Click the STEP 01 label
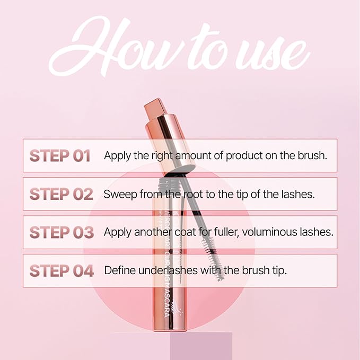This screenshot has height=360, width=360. coord(60,155)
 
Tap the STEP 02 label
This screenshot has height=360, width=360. coord(62,194)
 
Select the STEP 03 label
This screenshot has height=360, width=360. coord(62,232)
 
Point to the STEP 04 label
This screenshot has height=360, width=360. coord(62,270)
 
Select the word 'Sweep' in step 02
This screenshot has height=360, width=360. coord(119,194)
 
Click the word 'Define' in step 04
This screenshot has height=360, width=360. coord(118,270)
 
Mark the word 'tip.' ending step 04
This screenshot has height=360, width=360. coord(277,270)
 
